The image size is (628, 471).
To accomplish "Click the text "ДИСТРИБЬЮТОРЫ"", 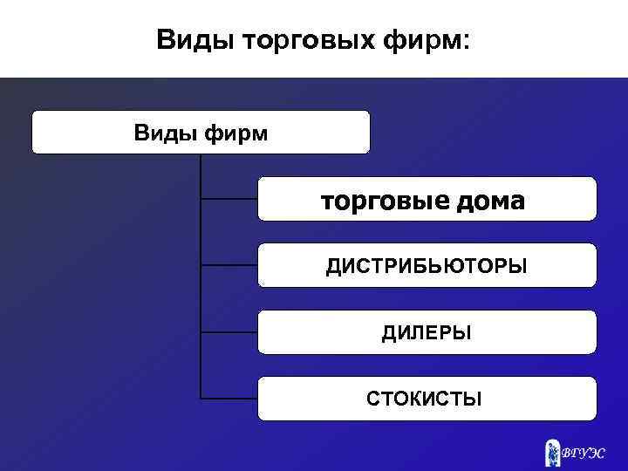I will coord(427,265).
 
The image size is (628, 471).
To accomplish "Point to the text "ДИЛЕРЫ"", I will coord(427,332).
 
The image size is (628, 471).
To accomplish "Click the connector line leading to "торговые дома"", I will coord(229,199).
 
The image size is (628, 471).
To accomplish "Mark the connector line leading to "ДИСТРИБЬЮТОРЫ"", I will coord(229,265).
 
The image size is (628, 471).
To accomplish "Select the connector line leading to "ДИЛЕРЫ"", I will coord(229,332).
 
